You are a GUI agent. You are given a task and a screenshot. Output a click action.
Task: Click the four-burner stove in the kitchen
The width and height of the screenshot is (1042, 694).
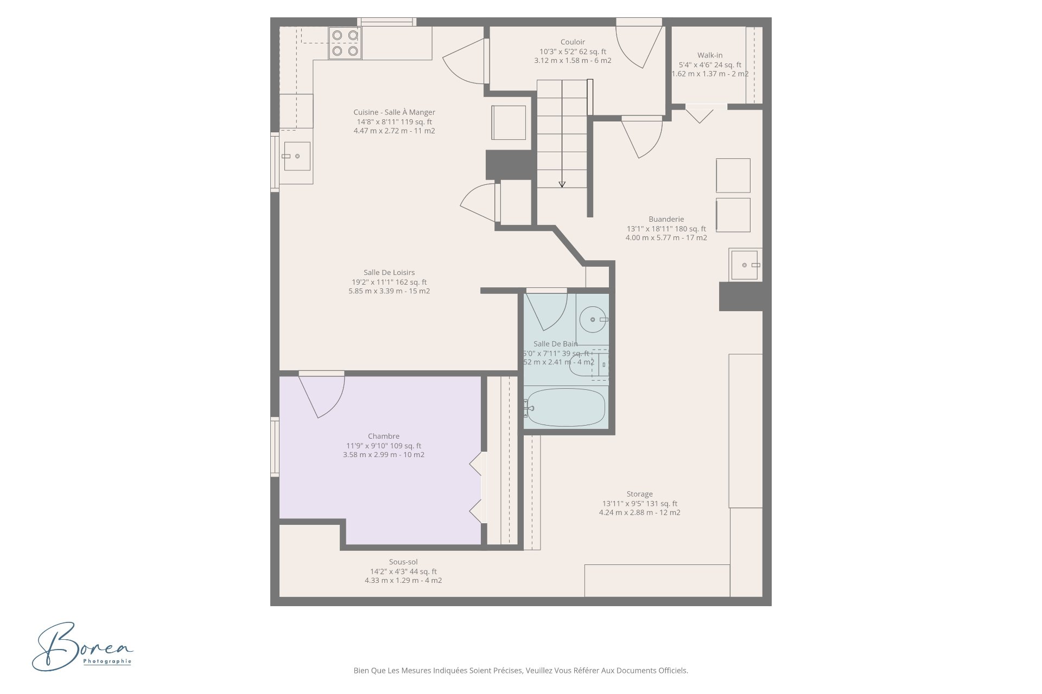pyautogui.click(x=345, y=43)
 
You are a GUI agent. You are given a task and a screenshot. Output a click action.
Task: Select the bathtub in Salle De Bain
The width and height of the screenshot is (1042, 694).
pyautogui.click(x=565, y=407)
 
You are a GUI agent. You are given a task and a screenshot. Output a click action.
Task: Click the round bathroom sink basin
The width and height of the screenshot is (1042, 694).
pyautogui.click(x=592, y=319)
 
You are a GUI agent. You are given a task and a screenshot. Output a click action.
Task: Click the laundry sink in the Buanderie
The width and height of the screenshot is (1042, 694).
pyautogui.click(x=745, y=265)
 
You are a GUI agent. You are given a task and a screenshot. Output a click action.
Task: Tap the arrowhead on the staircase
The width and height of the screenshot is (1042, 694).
pyautogui.click(x=562, y=184)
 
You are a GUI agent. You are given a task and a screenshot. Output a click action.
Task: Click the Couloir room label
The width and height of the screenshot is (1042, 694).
pyautogui.click(x=573, y=42)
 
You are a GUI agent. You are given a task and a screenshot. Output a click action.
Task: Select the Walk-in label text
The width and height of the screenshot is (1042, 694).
pyautogui.click(x=710, y=55)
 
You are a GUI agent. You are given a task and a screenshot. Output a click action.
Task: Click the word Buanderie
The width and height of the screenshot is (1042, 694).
pyautogui.click(x=666, y=219)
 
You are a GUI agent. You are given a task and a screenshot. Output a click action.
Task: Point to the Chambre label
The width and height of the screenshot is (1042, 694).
pyautogui.click(x=384, y=436)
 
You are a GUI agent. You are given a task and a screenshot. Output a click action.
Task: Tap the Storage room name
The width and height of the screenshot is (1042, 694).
pyautogui.click(x=639, y=494)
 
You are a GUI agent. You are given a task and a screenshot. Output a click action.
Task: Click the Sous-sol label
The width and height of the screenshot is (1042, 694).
pyautogui.click(x=403, y=562)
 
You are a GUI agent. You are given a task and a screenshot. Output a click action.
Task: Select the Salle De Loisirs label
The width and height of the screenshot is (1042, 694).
pyautogui.click(x=389, y=272)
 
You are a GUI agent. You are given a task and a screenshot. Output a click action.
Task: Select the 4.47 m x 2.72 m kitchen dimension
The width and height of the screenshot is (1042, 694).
pyautogui.click(x=395, y=131)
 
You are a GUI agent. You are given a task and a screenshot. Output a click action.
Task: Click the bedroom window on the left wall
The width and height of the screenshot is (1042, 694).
pyautogui.click(x=275, y=447)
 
